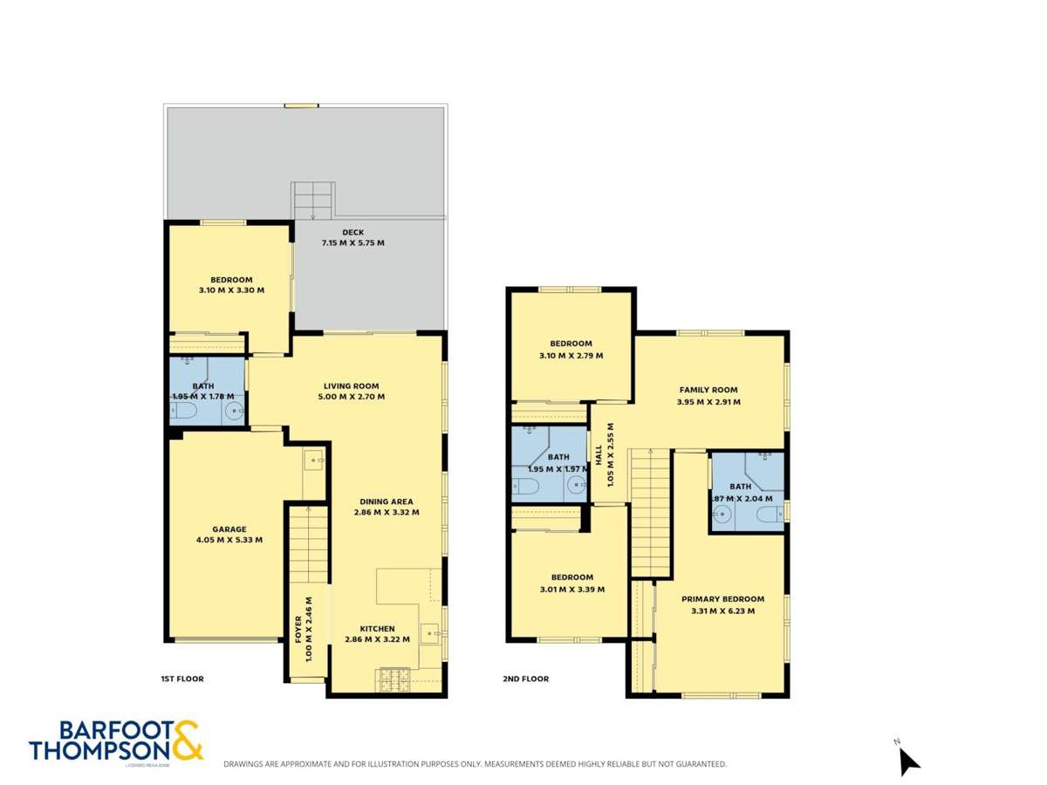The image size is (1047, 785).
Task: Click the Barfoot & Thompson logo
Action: [116, 741]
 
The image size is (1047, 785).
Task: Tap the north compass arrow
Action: [908, 761]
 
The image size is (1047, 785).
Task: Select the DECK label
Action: [352, 232]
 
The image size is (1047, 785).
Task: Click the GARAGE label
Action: [229, 529]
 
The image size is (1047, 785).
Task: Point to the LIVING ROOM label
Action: [352, 386]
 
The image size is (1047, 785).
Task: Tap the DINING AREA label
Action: [387, 502]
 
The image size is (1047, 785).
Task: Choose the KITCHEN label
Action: [378, 628]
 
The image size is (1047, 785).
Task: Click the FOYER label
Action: [298, 628]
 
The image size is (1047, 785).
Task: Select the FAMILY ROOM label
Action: [708, 390]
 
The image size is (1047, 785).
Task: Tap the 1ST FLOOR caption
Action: [181, 679]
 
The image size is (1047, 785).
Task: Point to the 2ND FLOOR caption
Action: [525, 679]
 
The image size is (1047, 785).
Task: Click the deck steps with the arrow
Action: [312, 201]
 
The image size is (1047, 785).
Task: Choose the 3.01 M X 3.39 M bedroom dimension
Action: [571, 589]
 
